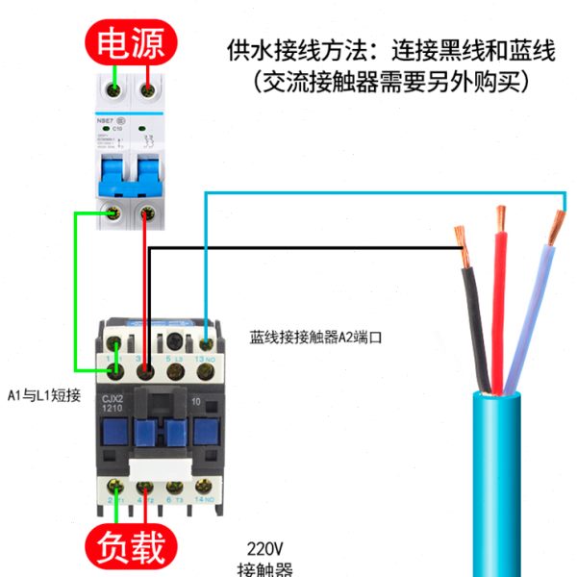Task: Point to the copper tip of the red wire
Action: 500,218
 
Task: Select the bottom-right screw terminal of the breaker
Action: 146,213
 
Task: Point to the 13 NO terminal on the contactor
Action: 206,342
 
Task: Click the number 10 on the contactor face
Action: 197,399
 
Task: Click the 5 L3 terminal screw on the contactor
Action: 175,342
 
